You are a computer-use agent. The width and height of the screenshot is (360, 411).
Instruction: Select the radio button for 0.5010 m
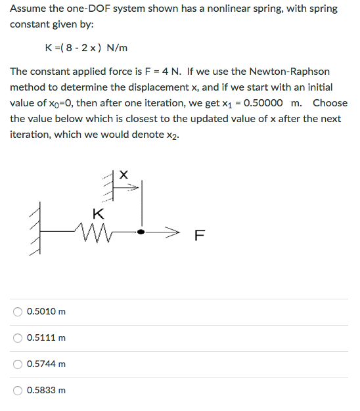[19, 311]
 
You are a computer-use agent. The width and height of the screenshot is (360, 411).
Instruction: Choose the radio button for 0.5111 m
[19, 337]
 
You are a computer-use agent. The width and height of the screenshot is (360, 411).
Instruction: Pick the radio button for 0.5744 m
[19, 364]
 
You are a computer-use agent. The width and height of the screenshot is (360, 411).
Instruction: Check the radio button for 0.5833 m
[19, 390]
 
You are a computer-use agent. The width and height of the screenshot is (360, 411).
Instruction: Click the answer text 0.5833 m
[46, 390]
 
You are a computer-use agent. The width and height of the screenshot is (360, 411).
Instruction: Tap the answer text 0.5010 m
[46, 311]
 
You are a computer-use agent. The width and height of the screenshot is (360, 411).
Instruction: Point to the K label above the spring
[98, 213]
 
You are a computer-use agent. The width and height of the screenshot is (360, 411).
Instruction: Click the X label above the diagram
[124, 174]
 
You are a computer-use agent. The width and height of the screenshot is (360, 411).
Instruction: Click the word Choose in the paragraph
[330, 102]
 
